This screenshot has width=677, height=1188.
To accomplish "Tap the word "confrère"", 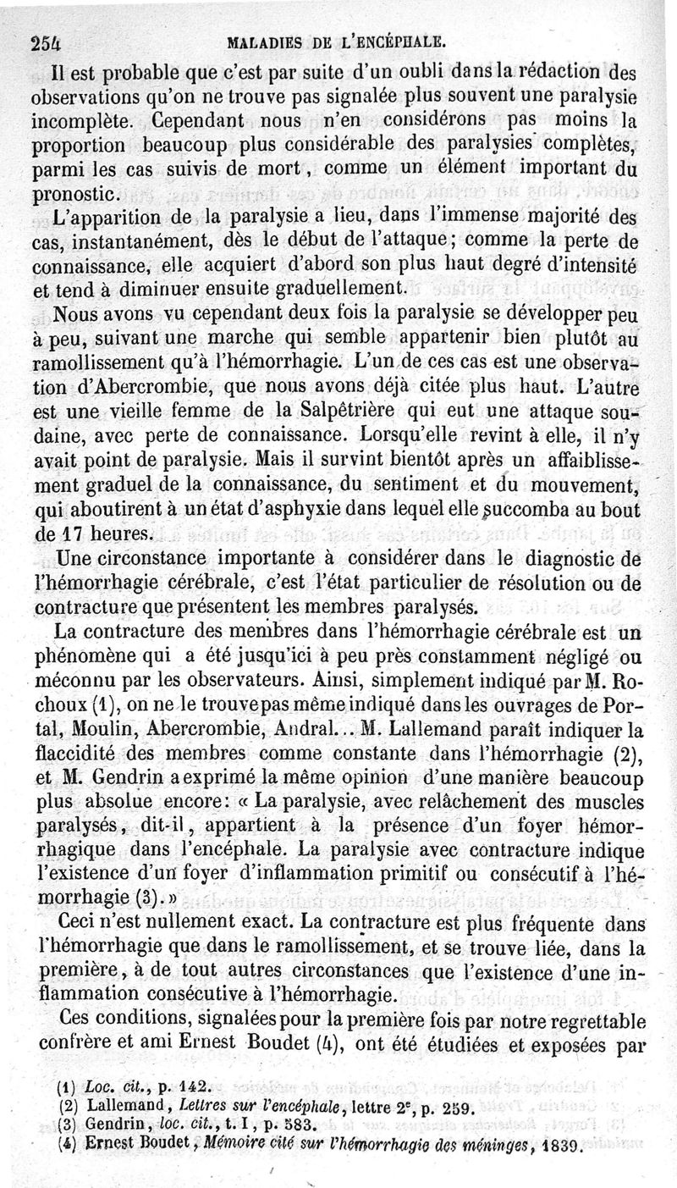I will [80, 1047].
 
